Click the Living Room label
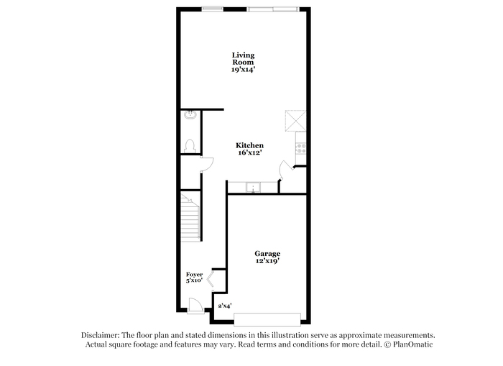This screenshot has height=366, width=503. pos(243,59)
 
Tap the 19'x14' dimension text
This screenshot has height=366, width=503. pos(243,69)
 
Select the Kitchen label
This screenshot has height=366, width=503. pos(249,145)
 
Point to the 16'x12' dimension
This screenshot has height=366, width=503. pos(250,153)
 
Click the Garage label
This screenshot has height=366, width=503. pos(267,254)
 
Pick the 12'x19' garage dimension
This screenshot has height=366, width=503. pos(267,261)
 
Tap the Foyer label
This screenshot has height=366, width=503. pos(195,275)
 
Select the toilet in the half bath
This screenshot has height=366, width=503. pos(190,147)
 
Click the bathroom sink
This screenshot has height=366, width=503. pos(190,114)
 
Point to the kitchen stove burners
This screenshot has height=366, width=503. pos(301,148)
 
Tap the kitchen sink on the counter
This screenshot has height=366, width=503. pos(253,187)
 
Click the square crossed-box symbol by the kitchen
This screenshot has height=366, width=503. pos(295,121)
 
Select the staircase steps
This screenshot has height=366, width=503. pos(190,217)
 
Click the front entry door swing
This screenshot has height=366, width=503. pos(195,305)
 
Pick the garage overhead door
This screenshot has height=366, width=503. pos(267,319)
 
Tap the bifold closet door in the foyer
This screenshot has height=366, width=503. pos(210,279)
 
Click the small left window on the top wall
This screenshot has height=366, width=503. pos(213,9)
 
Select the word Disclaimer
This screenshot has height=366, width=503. pos(101,335)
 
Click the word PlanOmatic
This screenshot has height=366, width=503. pos(413,344)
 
